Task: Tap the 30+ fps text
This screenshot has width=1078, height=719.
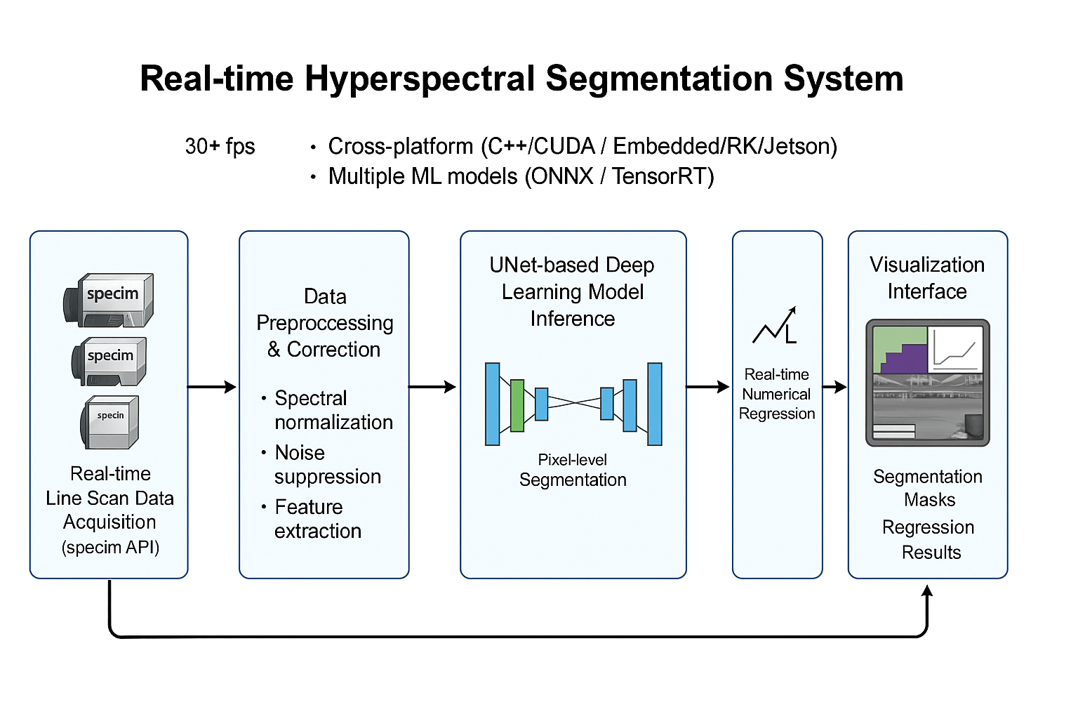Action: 220,146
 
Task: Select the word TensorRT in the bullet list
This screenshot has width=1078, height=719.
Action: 663,176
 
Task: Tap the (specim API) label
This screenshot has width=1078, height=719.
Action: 110,547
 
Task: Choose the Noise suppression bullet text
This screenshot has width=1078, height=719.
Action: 327,464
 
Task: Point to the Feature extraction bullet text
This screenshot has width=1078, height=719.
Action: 317,519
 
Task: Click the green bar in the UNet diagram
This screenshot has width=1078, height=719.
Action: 517,405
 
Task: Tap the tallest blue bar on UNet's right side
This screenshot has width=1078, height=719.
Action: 654,404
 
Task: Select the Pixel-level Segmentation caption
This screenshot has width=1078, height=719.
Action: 573,470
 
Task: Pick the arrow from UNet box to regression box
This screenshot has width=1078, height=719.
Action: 708,387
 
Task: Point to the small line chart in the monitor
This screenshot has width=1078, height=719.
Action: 955,349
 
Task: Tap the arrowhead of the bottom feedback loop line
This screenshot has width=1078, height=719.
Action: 927,591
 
